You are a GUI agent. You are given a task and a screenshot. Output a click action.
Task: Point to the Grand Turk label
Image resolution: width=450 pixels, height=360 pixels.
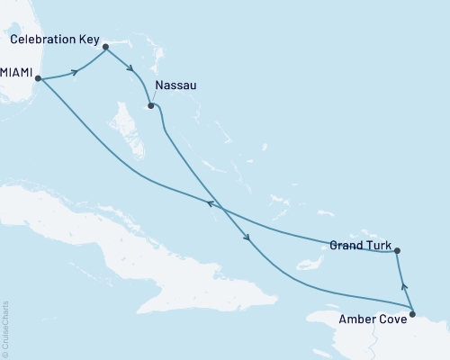click(x=359, y=244)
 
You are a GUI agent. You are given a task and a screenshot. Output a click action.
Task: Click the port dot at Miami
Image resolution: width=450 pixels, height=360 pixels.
click(x=39, y=80)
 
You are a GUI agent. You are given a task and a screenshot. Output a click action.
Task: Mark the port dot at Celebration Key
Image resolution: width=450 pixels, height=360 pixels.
click(x=105, y=46)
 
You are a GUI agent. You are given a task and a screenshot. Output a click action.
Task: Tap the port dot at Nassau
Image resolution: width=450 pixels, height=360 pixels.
click(x=151, y=105)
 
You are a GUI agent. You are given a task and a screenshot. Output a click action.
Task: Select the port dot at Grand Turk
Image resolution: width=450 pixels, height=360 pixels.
click(x=397, y=251)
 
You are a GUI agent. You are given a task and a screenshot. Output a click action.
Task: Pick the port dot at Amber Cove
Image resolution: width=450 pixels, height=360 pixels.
click(x=412, y=314)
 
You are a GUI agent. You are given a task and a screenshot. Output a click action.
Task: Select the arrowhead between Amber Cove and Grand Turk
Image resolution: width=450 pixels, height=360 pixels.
click(x=403, y=287)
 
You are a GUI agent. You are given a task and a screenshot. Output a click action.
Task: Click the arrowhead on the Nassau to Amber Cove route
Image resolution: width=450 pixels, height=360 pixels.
click(x=247, y=238)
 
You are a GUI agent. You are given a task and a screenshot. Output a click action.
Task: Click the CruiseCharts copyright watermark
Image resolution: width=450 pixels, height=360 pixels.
click(x=5, y=329)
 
